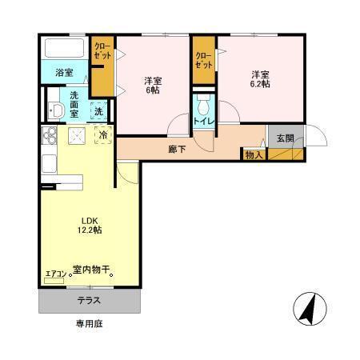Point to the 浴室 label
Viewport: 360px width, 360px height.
[64, 73]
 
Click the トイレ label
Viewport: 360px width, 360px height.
[202, 122]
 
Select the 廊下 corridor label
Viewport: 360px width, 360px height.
[178, 149]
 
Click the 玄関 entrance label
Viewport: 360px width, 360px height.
[286, 138]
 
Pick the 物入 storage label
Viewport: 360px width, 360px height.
[254, 154]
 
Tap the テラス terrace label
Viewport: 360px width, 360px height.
[89, 301]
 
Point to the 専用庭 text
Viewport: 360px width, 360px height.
[89, 325]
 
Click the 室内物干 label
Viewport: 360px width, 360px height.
[92, 270]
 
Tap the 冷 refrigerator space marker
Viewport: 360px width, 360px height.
[103, 137]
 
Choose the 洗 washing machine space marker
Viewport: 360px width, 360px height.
[98, 110]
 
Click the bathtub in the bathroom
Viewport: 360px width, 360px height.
[63, 49]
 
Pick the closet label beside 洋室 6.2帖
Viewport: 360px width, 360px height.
[204, 59]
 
